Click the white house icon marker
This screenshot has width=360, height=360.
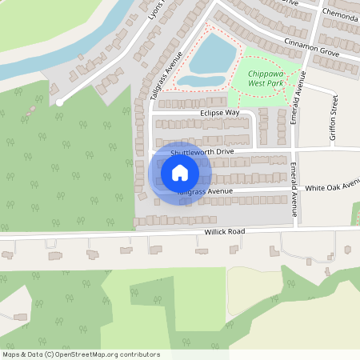(180, 173)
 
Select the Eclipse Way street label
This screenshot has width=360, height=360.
(220, 113)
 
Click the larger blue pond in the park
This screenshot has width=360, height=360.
(214, 53)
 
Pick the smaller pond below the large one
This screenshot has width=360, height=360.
(194, 80)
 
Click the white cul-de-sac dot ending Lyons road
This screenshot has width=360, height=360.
(59, 102)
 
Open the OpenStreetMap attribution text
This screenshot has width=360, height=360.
(81, 354)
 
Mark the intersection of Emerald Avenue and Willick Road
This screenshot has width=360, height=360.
(297, 230)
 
